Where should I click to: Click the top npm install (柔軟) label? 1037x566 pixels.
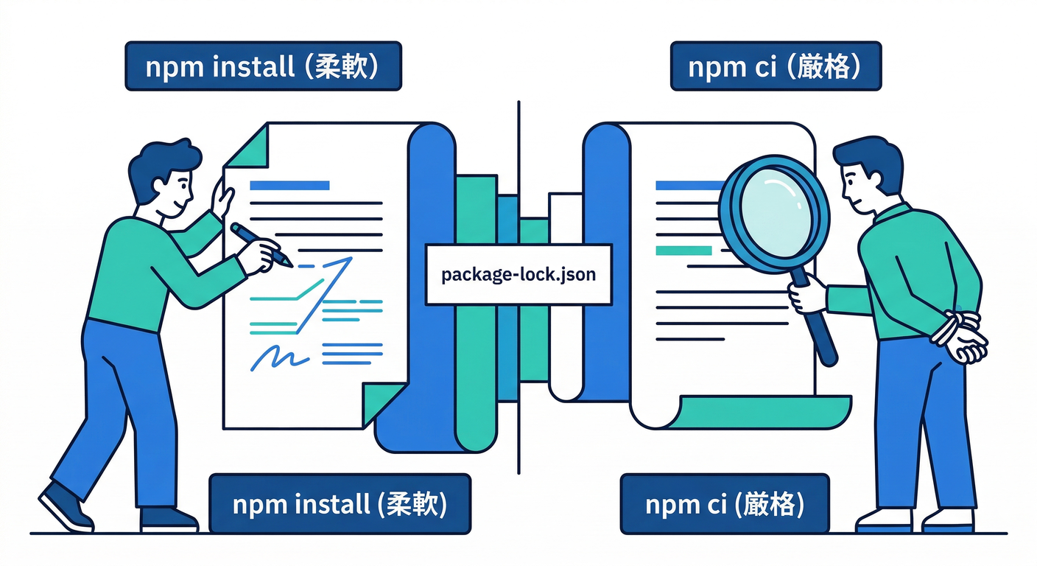[x=263, y=66]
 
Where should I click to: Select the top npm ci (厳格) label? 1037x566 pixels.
[x=776, y=66]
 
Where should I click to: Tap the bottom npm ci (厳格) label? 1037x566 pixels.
[x=725, y=504]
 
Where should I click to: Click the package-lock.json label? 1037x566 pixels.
[x=518, y=275]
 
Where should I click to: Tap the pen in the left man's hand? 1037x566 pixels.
[x=261, y=245]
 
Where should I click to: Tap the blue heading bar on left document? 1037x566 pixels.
[x=289, y=186]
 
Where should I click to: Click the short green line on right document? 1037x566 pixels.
[x=683, y=251]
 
